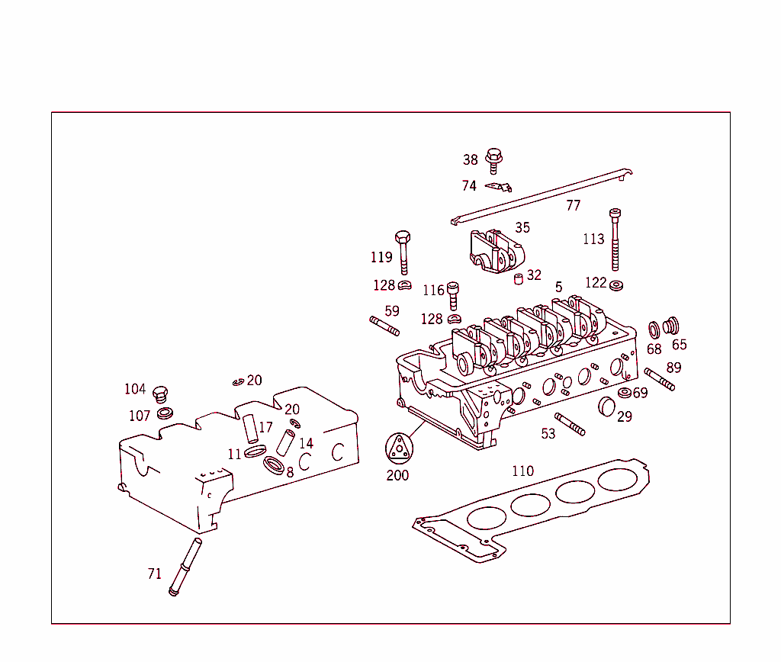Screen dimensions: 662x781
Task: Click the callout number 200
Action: click(397, 475)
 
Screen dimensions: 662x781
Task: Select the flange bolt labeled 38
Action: click(493, 159)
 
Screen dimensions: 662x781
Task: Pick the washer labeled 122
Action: click(616, 287)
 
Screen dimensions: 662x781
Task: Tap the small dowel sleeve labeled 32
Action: click(518, 278)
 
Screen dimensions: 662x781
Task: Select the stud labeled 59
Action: click(385, 325)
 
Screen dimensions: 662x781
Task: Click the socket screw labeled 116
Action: click(453, 294)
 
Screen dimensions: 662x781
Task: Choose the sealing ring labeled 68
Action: click(654, 329)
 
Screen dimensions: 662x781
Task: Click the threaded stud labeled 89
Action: click(659, 379)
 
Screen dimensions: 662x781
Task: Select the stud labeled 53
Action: click(570, 425)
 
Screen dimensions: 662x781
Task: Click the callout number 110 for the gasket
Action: click(522, 471)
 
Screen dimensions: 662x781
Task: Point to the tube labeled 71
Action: click(185, 567)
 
